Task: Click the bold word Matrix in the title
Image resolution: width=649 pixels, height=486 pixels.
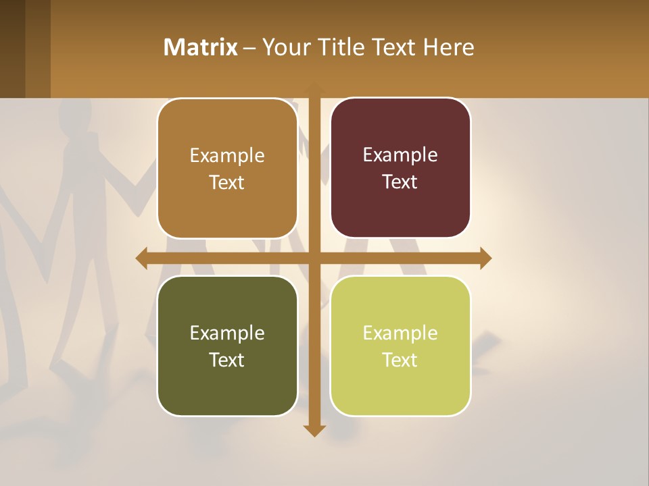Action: tap(201, 47)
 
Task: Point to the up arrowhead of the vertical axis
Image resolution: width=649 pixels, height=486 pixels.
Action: tap(315, 88)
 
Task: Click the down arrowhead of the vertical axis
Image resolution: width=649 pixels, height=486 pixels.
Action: tap(315, 431)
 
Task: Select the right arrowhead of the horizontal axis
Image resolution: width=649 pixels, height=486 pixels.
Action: tap(485, 258)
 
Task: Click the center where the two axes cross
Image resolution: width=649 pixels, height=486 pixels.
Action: tap(315, 258)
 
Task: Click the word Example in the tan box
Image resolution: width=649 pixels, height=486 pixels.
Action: tap(227, 156)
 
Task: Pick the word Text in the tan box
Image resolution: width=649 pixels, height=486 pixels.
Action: tap(227, 183)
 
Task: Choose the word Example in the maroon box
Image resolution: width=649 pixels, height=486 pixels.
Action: tap(400, 155)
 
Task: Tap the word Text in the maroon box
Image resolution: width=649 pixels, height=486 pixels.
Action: tap(400, 182)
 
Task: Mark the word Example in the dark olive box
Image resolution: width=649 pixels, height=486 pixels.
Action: tap(227, 333)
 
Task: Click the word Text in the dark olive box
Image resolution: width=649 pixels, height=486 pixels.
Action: tap(227, 360)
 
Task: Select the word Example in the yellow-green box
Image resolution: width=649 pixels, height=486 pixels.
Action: tap(400, 333)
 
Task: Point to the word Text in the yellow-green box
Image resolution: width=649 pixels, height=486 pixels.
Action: tap(400, 360)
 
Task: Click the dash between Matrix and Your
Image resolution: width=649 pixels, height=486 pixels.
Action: tap(250, 48)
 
